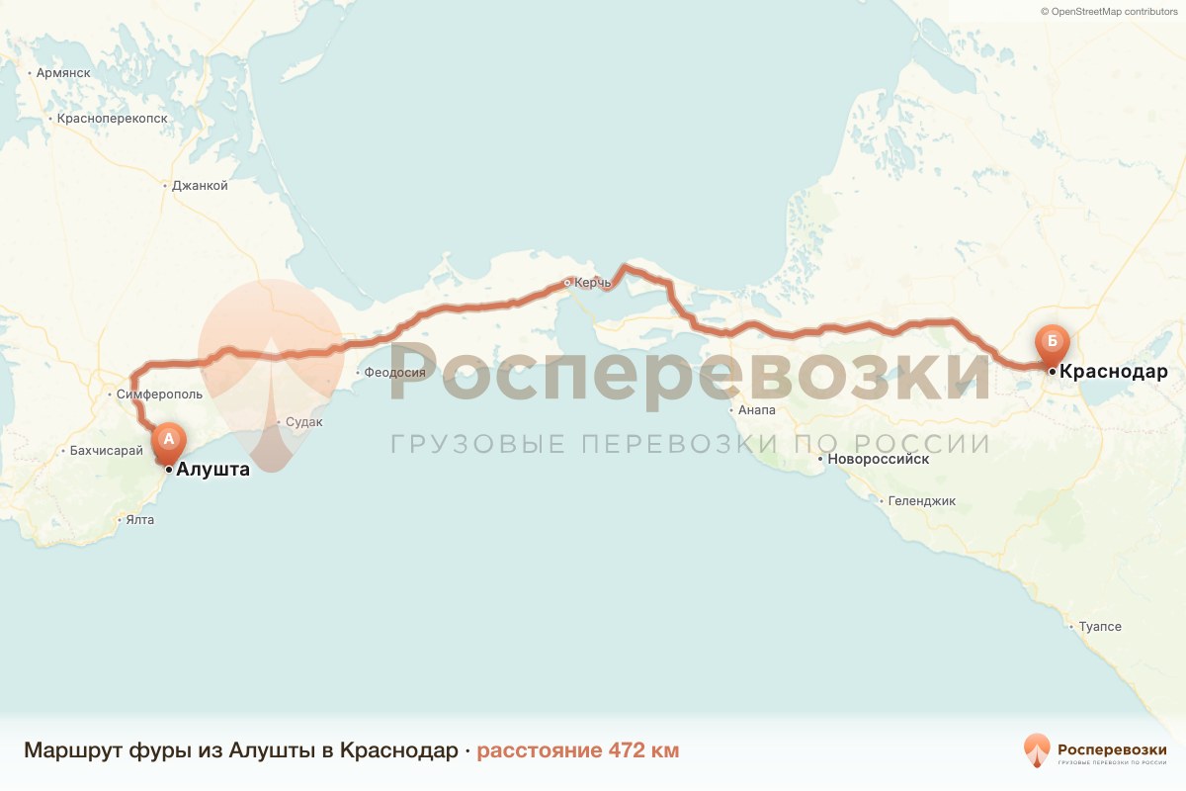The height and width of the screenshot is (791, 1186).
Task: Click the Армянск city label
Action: coord(63,73)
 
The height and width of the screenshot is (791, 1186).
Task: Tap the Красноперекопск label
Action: coord(113,119)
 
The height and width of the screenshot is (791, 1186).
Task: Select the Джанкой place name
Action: coord(200,186)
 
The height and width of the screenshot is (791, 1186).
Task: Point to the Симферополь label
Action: coord(159,395)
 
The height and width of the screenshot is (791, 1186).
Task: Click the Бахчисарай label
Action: coord(100,451)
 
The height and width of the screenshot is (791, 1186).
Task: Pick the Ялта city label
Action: coord(139,520)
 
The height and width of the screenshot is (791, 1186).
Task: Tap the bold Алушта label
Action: coord(212,471)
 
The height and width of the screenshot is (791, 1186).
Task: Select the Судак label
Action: coord(304,422)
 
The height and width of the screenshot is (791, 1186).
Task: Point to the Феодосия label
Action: coord(394,373)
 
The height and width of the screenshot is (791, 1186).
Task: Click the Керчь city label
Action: coord(593,283)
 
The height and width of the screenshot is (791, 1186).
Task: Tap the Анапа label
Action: coord(756,409)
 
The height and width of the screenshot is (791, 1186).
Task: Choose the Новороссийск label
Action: coord(880,460)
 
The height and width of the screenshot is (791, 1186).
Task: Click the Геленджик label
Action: coord(921,501)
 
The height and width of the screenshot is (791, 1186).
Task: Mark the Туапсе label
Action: coord(1100,627)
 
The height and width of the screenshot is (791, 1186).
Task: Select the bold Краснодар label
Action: coord(1113,373)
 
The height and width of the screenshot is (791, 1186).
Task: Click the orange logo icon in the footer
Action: coord(1037,750)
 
